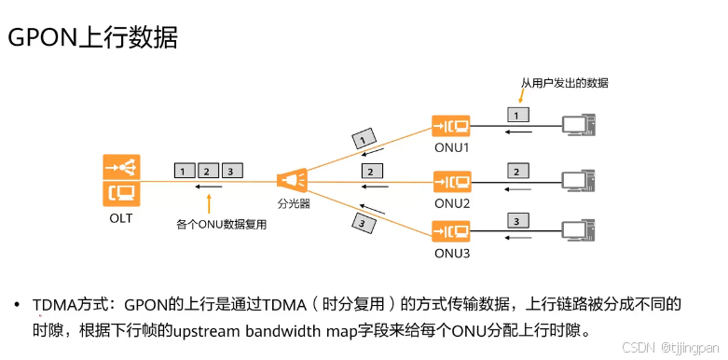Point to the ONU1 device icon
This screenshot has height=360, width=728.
(452, 125)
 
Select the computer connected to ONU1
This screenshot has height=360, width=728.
(578, 125)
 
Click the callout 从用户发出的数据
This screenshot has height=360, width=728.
(564, 83)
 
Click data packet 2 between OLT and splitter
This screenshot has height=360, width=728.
(207, 171)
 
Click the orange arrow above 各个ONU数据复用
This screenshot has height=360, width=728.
(210, 202)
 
